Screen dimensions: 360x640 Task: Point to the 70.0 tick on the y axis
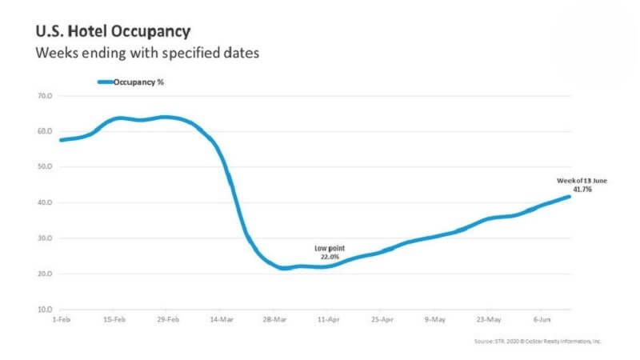[x=44, y=96]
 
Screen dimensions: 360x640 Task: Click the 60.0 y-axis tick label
[x=44, y=131]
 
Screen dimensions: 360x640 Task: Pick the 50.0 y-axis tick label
[x=44, y=167]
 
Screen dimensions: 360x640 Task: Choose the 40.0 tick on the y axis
[x=44, y=202]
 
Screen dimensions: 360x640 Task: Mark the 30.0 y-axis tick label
[x=44, y=238]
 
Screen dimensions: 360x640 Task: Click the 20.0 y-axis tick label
[x=44, y=274]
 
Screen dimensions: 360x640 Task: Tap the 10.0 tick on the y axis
[x=44, y=310]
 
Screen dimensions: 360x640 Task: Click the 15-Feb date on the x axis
[x=114, y=319]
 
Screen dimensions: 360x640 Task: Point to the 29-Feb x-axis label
[x=167, y=319]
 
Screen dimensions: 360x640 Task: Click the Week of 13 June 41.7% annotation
[x=582, y=186]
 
